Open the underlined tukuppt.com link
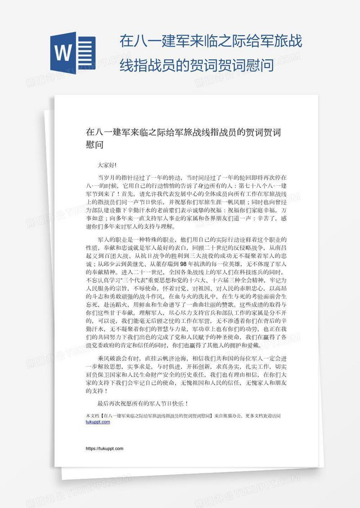point(98,422)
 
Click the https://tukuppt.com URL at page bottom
point(104,449)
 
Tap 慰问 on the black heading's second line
point(95,145)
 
